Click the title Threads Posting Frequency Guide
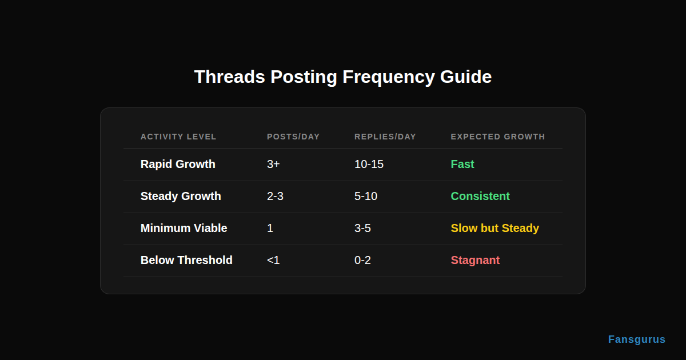pos(343,77)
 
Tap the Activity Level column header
pos(178,137)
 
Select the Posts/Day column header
pos(293,137)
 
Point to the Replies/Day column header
pos(385,137)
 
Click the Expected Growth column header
pos(498,137)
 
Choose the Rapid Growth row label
pos(178,164)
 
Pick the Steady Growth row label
pos(181,196)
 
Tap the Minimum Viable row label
pos(184,228)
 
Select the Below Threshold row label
pos(186,260)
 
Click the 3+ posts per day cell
pos(273,164)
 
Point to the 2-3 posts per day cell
pos(275,196)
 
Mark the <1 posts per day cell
pos(273,260)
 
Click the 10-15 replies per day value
pos(369,164)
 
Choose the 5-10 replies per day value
pos(366,196)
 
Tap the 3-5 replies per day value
pos(362,228)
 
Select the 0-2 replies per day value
pos(362,260)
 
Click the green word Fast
pos(462,164)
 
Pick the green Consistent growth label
pos(480,196)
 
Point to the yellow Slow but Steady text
pos(494,228)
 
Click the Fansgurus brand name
pos(636,339)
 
